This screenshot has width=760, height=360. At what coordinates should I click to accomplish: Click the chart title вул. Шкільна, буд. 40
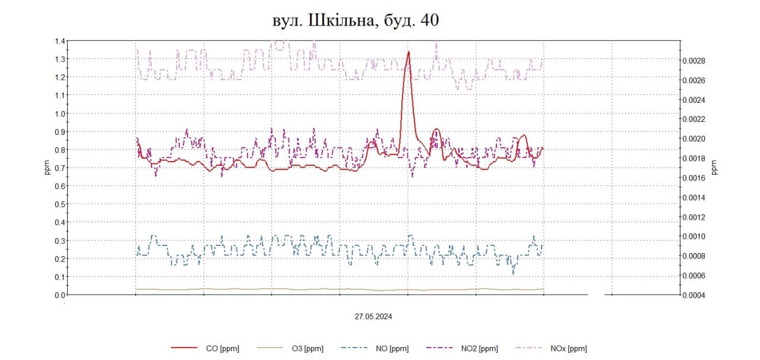click(x=355, y=20)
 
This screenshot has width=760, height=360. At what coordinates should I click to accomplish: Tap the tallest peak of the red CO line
click(x=408, y=52)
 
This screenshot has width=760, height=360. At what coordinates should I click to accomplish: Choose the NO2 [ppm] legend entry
click(x=479, y=349)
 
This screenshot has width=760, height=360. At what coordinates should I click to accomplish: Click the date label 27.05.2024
click(x=373, y=317)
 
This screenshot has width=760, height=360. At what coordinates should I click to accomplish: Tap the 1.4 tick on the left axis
click(x=60, y=41)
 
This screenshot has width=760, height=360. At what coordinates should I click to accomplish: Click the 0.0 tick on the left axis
click(x=60, y=295)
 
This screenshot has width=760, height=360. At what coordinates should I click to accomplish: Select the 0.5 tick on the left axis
click(x=60, y=204)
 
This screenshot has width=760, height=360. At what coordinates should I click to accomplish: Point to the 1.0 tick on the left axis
click(x=60, y=113)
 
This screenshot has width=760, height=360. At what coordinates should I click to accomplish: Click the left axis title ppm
click(x=48, y=168)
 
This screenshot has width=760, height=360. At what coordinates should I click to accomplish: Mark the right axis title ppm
click(x=714, y=168)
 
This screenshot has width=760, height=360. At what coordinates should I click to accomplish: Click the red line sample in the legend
click(x=183, y=349)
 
